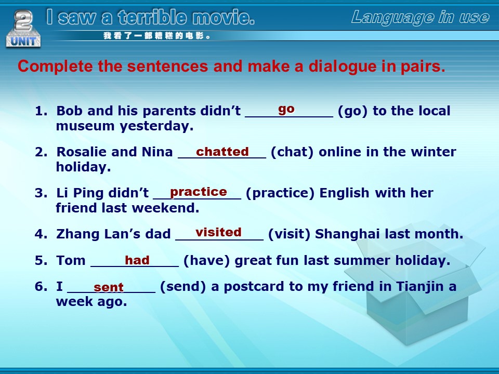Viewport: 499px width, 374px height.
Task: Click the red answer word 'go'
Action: coord(286,110)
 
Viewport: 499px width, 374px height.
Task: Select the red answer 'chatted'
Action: coord(222,152)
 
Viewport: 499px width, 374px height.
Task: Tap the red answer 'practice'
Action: coord(198,192)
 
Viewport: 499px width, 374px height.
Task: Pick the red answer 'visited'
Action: coord(218,232)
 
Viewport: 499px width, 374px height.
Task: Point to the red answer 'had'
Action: coord(137,260)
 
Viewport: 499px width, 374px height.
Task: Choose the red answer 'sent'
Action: coord(108,287)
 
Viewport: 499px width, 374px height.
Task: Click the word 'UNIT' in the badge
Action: coord(23,42)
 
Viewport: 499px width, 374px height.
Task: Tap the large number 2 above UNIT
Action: coord(23,20)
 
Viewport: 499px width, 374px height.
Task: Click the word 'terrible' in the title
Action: coord(152,17)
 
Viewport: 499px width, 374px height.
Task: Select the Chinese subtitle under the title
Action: coord(157,36)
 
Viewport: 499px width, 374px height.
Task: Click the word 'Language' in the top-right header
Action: coord(392,18)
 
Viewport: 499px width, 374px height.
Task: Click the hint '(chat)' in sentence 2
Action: coord(292,152)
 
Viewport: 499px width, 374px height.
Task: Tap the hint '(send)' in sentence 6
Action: coord(183,287)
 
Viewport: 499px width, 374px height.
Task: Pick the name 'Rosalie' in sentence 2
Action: coord(81,152)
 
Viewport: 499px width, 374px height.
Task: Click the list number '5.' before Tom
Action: coord(41,260)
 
